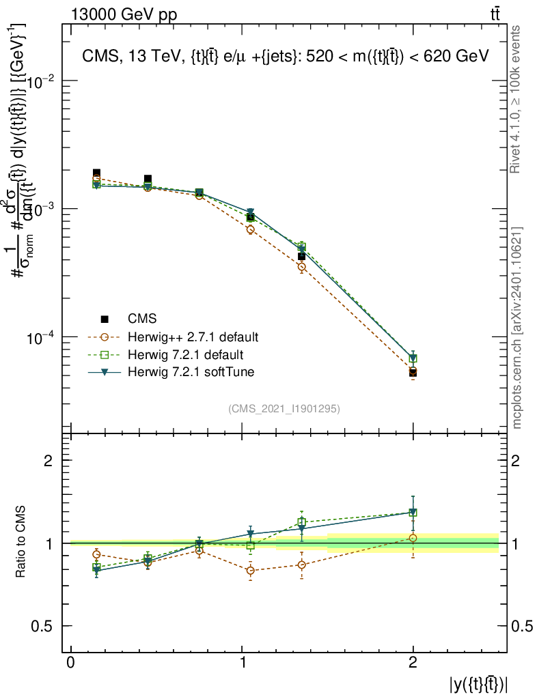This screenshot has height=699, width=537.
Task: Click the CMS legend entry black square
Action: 105,318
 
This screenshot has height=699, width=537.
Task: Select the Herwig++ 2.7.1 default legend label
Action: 193,337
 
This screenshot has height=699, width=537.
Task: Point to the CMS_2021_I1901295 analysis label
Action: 284,408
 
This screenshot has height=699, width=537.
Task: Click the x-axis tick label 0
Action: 70,663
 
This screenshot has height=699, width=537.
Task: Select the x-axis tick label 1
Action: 242,663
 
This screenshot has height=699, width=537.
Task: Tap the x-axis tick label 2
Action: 413,663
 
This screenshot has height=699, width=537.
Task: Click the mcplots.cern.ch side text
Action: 517,328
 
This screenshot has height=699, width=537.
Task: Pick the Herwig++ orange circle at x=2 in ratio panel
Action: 413,538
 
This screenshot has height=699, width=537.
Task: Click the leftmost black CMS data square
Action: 96,173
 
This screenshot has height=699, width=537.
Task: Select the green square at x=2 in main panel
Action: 413,359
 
